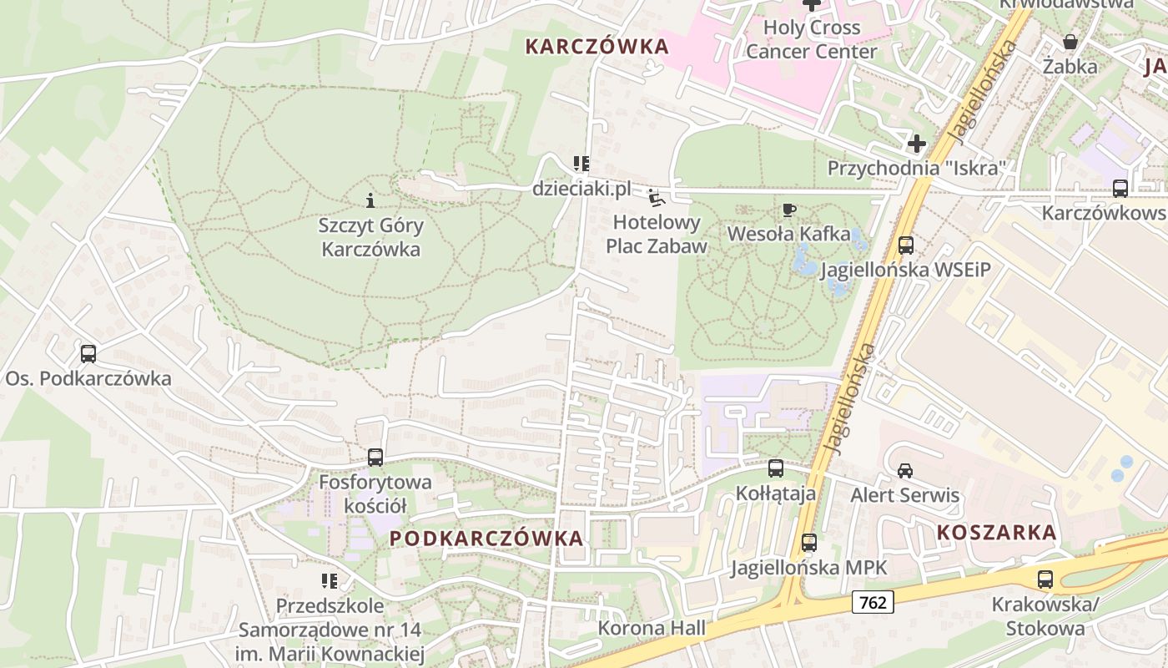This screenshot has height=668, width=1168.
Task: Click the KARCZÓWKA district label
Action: tap(597, 47)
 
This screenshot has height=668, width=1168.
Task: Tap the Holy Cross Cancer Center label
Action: tap(811, 39)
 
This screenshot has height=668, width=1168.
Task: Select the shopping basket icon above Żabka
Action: tap(1070, 41)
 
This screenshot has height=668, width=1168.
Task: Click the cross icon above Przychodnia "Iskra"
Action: tap(917, 144)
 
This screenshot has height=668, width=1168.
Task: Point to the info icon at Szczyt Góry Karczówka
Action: tap(370, 200)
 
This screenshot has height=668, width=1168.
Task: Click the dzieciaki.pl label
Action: tap(581, 190)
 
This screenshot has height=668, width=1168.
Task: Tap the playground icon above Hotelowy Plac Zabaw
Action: tap(657, 199)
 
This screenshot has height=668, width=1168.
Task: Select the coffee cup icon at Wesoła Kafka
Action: tap(788, 210)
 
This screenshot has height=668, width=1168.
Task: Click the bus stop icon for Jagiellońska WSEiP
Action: tap(906, 245)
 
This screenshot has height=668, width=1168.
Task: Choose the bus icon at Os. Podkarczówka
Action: tap(88, 354)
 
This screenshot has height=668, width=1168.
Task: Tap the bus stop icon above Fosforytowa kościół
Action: tap(375, 458)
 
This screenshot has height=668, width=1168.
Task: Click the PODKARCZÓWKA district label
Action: tap(486, 539)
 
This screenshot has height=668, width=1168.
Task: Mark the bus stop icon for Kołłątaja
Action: tap(776, 468)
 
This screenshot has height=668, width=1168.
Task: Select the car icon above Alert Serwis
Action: tap(905, 470)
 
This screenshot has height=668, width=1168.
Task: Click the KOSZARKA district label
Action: tap(996, 532)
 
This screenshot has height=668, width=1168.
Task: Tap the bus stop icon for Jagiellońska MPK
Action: tap(808, 543)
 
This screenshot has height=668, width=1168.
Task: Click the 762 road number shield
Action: tap(873, 601)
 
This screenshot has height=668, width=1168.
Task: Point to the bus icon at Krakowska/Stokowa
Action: tap(1045, 579)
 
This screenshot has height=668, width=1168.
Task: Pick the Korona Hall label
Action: tap(652, 628)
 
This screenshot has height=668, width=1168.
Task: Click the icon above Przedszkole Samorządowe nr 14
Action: tap(330, 580)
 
